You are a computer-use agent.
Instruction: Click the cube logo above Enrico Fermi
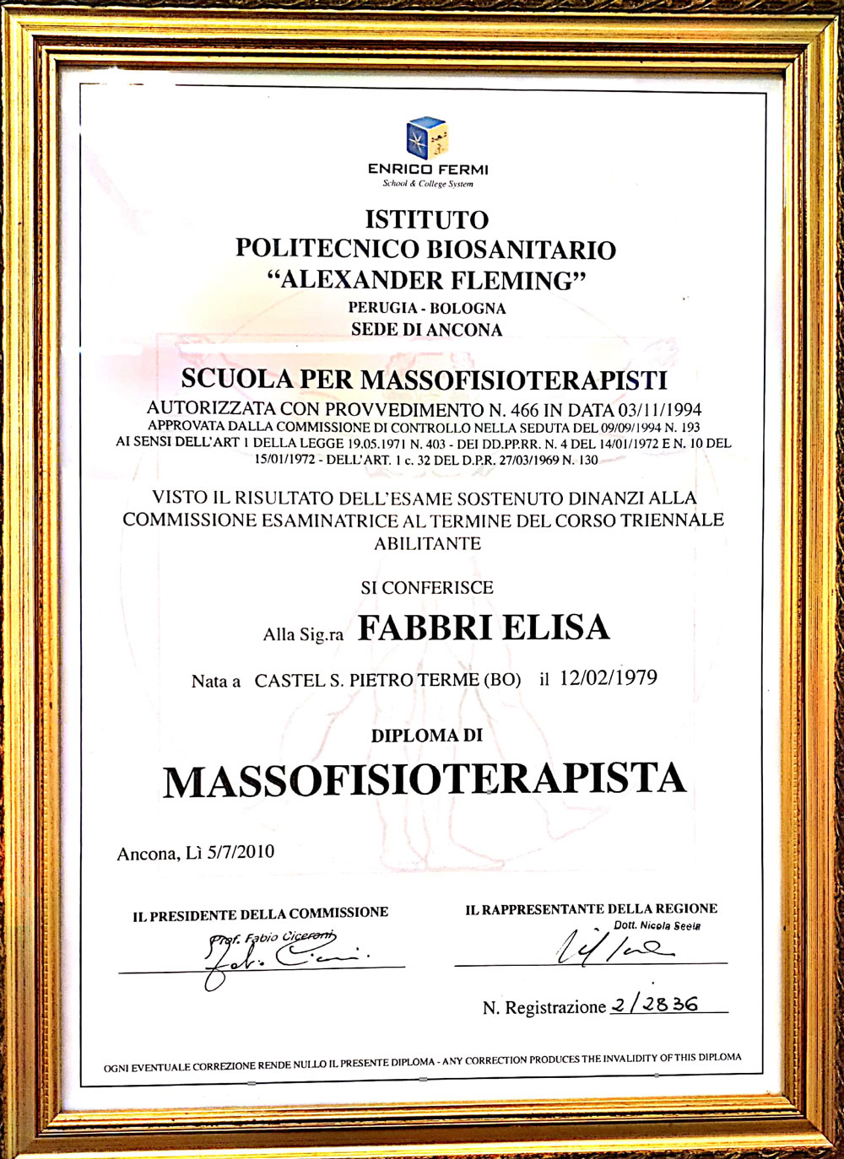click(x=426, y=138)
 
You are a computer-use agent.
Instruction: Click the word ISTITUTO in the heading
click(x=427, y=220)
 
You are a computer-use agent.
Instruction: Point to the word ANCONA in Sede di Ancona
click(x=467, y=330)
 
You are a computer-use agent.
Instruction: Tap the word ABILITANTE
click(x=427, y=544)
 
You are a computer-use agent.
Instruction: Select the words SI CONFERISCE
click(x=427, y=588)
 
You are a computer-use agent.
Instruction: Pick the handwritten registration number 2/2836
click(x=657, y=1005)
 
